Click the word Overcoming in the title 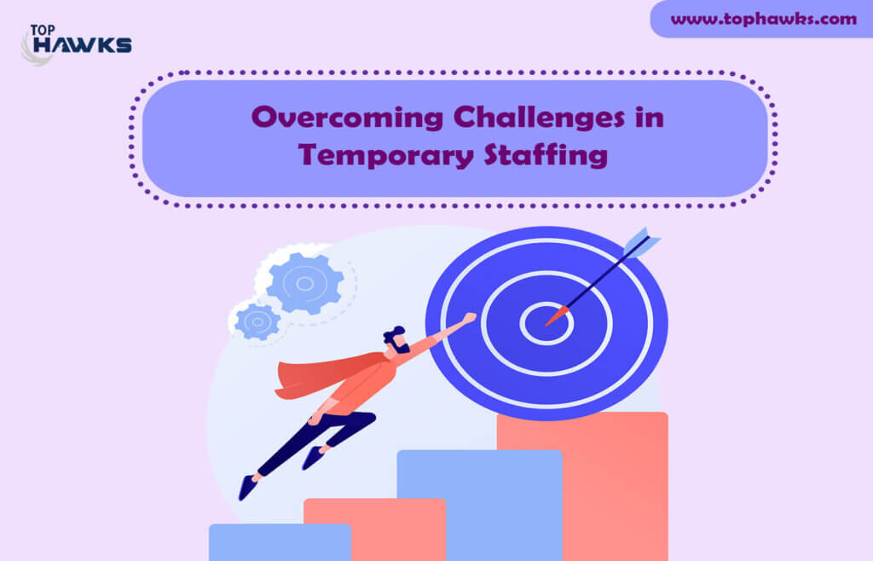pos(348,118)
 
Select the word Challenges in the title pos(539,118)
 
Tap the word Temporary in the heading pos(386,155)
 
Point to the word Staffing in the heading pos(546,155)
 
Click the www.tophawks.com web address pos(763,19)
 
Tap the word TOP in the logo pos(43,30)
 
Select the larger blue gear pos(304,283)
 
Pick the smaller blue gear pos(257,321)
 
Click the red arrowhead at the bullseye pos(558,315)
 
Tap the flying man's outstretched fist pos(470,318)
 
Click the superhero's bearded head pos(396,339)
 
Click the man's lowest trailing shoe pos(248,487)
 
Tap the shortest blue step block pos(280,542)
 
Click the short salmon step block pos(375,529)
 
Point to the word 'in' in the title pos(649,118)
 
